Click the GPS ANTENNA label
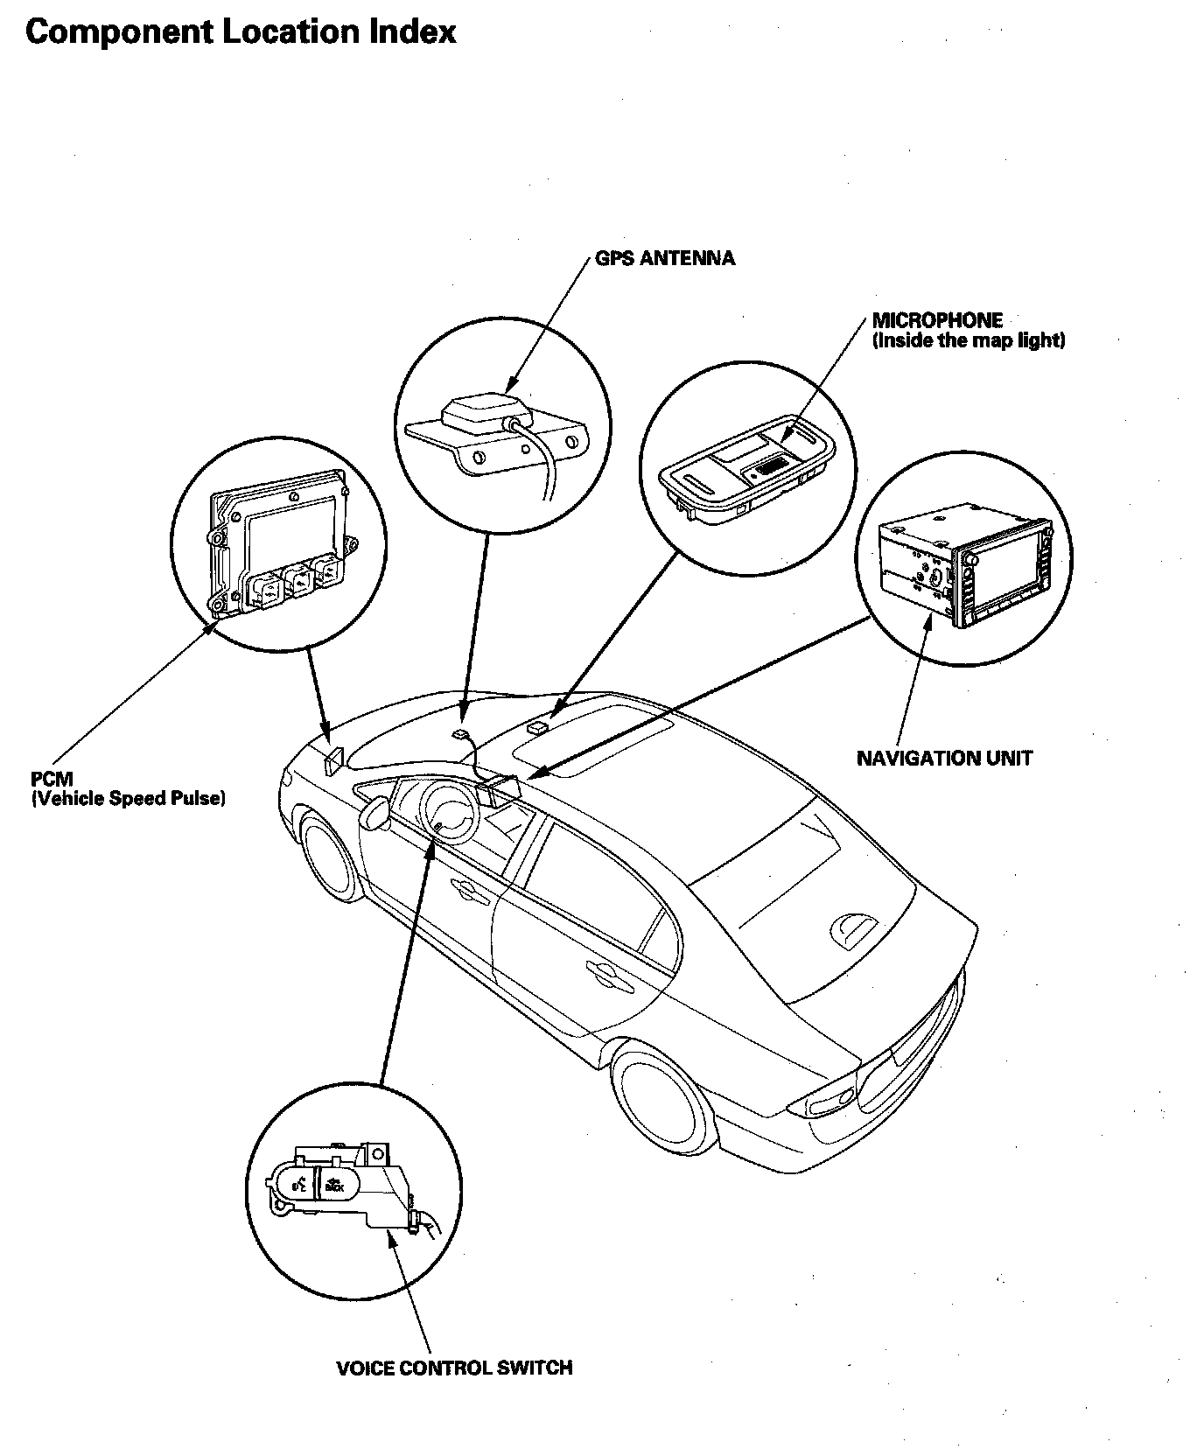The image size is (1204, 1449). coord(664,258)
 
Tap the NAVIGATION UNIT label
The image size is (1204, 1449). coord(944,758)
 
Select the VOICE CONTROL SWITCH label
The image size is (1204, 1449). coord(454,1368)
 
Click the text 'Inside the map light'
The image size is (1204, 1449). coord(969,340)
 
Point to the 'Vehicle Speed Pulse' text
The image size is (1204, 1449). coord(129,798)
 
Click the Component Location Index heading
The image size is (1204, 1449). coord(241,32)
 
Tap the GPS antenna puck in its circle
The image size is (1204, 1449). coord(477,411)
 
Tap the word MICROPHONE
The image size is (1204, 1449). coord(937,320)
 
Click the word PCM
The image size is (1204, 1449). coord(52,779)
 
